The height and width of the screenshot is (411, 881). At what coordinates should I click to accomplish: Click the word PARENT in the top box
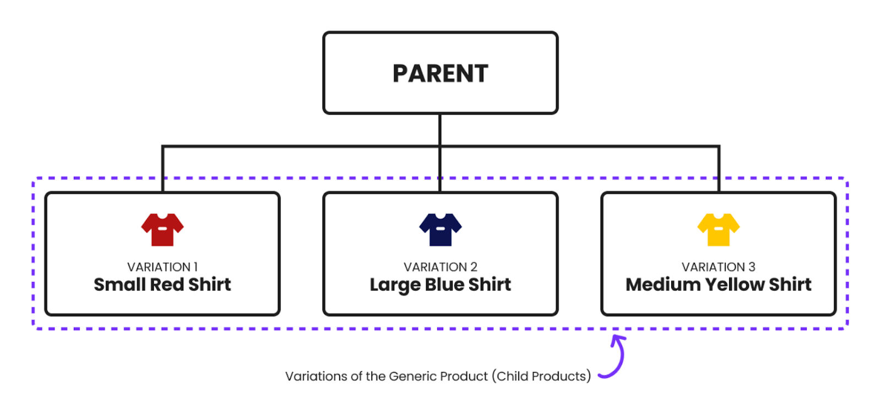point(440,73)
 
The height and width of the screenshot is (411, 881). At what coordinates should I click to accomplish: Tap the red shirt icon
point(162,229)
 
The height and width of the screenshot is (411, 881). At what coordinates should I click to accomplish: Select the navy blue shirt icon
point(440,229)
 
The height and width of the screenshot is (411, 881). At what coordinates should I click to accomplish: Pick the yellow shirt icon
point(719,229)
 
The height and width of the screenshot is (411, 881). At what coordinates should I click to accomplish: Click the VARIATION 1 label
point(162,267)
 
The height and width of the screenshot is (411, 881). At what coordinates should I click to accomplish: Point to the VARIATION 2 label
point(440,267)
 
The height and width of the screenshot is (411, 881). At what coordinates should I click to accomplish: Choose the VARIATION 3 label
point(719,267)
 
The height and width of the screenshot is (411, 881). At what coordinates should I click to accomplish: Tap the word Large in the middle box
point(395,285)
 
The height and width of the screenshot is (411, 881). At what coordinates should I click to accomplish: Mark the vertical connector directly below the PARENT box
point(440,130)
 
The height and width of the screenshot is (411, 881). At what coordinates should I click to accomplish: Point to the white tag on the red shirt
point(162,228)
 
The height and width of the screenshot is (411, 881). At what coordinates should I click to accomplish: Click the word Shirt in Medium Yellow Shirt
point(790,284)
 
